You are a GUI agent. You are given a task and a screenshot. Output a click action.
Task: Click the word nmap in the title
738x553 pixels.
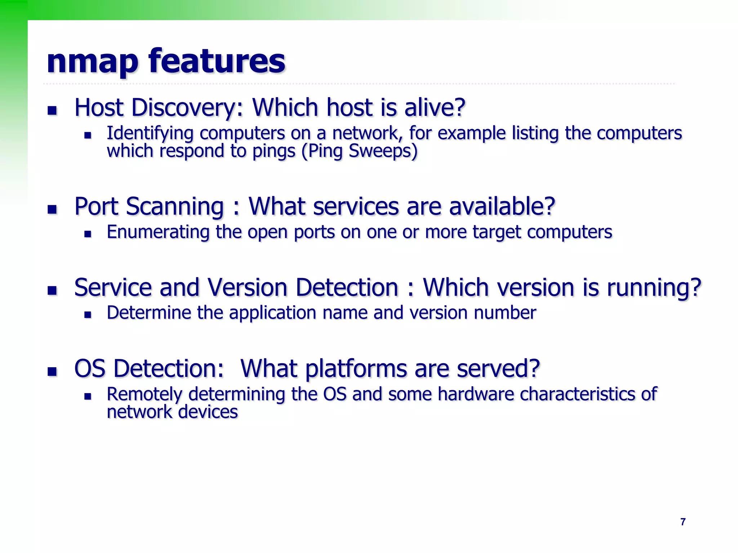(92, 62)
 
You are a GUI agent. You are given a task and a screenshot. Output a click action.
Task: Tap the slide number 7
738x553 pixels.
(683, 522)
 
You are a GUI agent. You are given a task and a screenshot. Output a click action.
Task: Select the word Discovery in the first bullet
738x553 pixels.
(187, 108)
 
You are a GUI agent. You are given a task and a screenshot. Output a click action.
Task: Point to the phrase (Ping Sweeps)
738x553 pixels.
(359, 151)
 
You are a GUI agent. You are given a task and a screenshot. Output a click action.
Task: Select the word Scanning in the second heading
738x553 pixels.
(175, 207)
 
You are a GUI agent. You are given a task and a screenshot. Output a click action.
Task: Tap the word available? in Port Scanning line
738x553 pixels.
(502, 207)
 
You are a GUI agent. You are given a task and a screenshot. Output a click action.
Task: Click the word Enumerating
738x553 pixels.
(158, 232)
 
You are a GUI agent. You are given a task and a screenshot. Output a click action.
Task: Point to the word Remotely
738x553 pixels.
(145, 394)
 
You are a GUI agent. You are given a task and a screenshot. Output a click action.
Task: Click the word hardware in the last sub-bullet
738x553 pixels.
(475, 394)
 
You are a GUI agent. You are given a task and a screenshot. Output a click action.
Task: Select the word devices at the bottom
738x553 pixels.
(208, 412)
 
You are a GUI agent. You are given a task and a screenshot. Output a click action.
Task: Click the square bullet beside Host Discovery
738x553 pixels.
(52, 110)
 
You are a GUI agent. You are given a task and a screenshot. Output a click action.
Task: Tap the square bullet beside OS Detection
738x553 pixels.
(52, 371)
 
